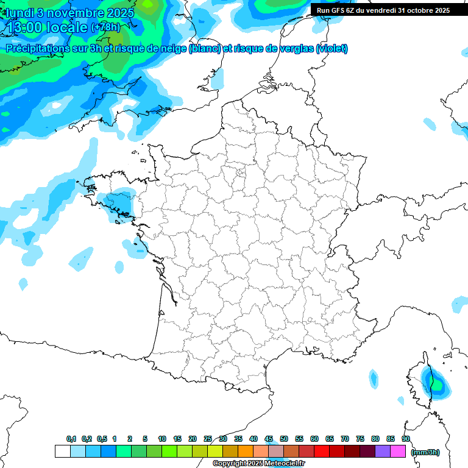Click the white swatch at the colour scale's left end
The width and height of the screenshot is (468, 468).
[62, 451]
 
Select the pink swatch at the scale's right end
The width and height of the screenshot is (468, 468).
[398, 451]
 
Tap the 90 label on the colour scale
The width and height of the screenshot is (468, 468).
[406, 439]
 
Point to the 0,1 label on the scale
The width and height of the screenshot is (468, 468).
[71, 439]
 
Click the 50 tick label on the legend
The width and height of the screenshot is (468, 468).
[284, 439]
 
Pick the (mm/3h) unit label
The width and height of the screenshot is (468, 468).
[425, 452]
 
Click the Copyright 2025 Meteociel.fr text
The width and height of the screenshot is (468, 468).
[259, 464]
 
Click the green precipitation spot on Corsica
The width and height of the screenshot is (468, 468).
[436, 384]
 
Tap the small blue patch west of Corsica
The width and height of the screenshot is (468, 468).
[374, 378]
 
